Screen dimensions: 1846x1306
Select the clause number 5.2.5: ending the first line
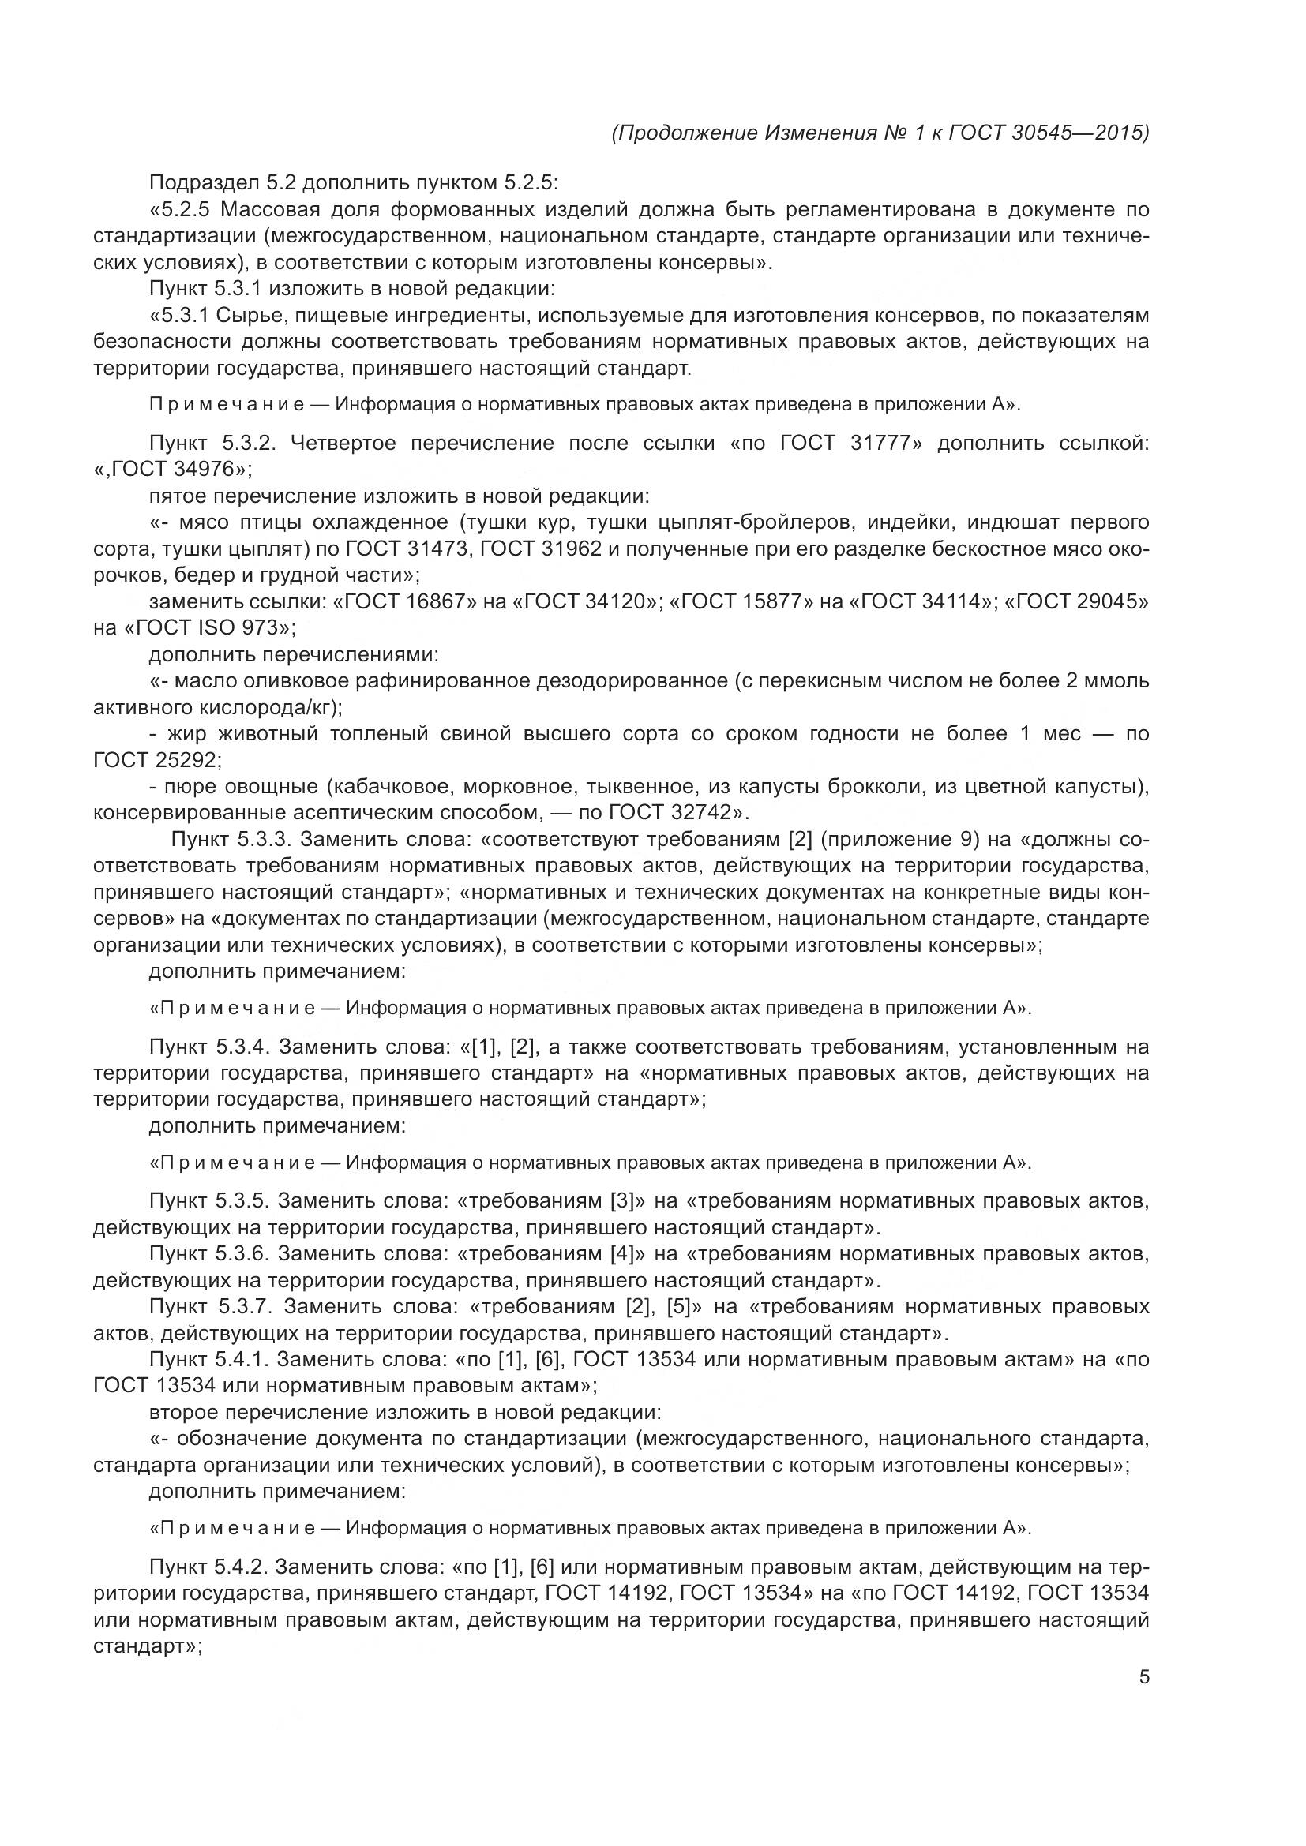[x=527, y=182]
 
